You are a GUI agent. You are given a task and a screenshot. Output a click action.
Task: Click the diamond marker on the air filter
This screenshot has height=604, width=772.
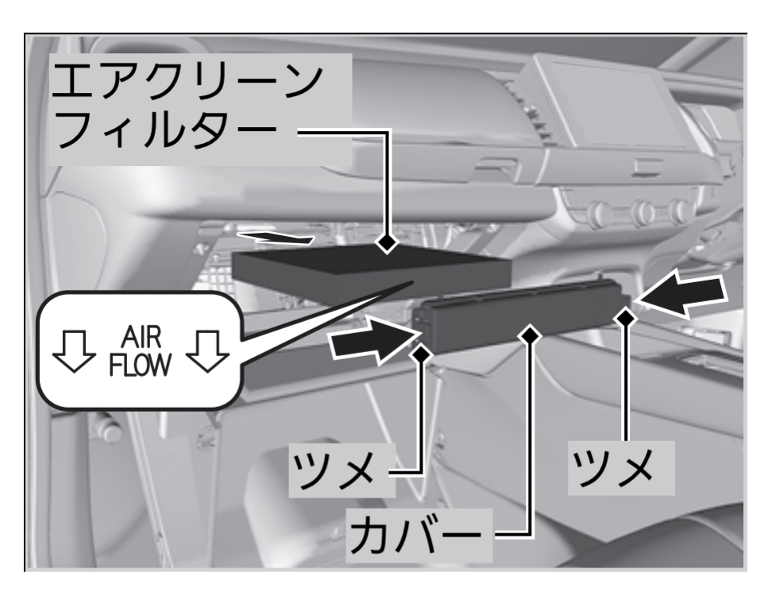tap(388, 241)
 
